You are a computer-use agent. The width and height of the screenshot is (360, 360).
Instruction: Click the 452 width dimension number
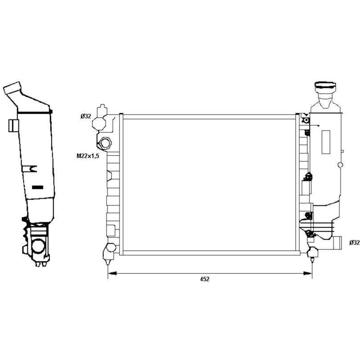tap(205, 279)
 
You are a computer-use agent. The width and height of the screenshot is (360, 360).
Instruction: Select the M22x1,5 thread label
tap(88, 156)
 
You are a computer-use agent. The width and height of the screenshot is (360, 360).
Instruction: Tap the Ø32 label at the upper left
tap(85, 117)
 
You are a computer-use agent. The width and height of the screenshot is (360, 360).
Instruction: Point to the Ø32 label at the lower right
tap(355, 243)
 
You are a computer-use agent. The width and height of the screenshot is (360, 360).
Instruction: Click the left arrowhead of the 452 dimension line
tap(112, 273)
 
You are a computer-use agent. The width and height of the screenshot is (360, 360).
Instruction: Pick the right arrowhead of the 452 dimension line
tap(307, 273)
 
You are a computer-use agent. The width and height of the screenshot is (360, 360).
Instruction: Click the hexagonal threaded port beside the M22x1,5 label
tap(105, 143)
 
